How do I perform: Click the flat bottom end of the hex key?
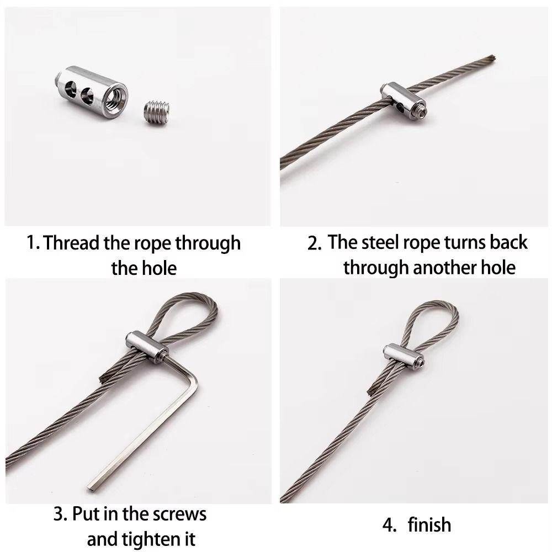click(x=91, y=486)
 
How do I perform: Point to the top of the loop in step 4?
click(x=436, y=303)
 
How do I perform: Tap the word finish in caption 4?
click(x=429, y=524)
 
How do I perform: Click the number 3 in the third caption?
click(x=59, y=514)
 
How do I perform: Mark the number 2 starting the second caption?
click(x=314, y=244)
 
